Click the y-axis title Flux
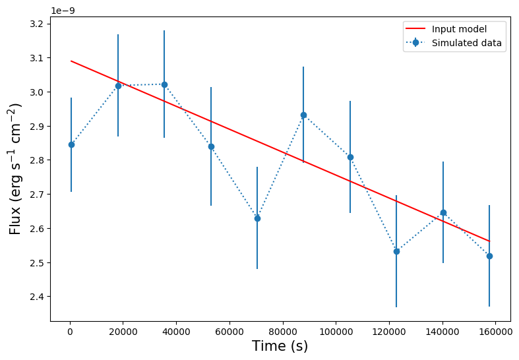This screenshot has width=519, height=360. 16,169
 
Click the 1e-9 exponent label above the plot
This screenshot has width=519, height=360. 65,11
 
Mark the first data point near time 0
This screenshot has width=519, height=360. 71,144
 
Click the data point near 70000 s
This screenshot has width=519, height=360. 257,218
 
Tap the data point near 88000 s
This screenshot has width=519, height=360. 303,115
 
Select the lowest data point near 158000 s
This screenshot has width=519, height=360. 489,256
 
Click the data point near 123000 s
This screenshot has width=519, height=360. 396,251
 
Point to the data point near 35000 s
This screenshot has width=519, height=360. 164,84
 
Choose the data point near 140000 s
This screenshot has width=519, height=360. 443,212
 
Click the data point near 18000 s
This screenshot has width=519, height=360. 118,86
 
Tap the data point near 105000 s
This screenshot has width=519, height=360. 350,157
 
